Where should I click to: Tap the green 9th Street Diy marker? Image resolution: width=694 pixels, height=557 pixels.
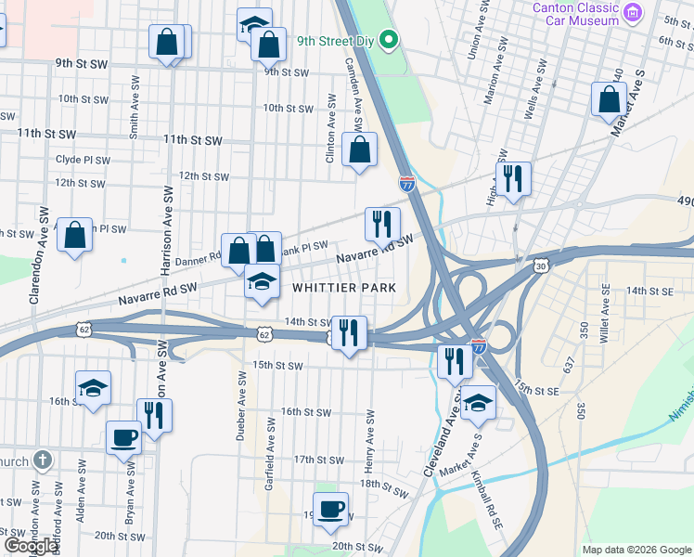391,40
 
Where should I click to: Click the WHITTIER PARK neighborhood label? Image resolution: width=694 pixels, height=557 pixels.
344,288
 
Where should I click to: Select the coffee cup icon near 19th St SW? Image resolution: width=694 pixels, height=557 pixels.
330,510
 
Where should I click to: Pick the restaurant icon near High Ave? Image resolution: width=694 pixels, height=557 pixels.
512,178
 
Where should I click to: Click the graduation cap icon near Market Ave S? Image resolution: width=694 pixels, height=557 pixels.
478,402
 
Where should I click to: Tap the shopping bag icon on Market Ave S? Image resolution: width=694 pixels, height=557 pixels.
608,99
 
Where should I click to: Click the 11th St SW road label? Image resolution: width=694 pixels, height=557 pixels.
192,139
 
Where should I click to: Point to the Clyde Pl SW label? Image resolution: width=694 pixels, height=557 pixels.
83,160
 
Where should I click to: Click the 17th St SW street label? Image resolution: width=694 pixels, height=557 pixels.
319,460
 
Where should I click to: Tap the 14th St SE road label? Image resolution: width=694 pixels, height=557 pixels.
649,291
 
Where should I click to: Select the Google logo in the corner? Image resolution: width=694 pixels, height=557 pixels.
31,546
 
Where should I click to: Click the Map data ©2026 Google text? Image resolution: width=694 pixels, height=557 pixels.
636,550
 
